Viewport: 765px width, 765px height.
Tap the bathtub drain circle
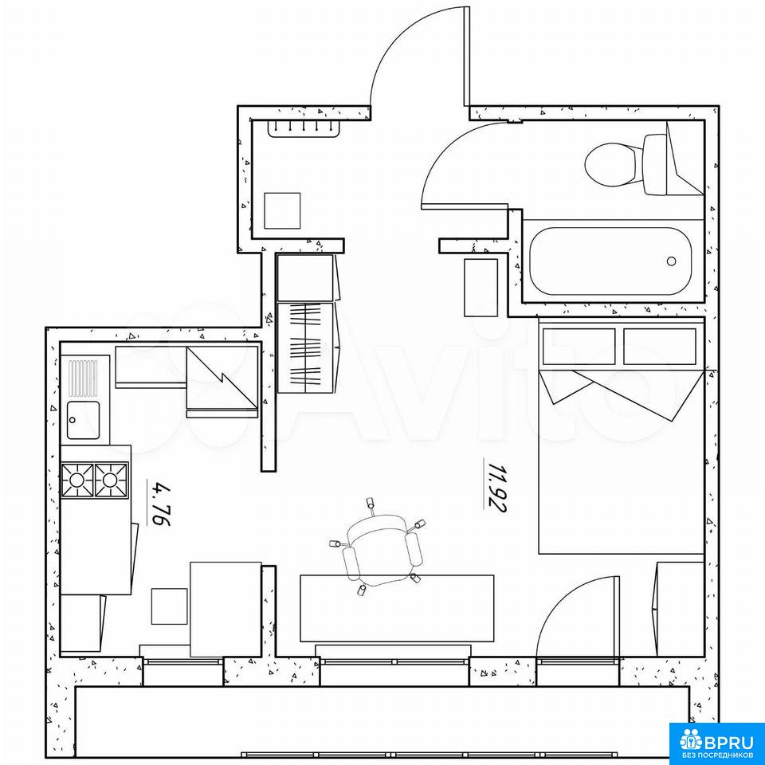pyautogui.click(x=671, y=261)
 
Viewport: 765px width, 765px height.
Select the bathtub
pyautogui.click(x=611, y=261)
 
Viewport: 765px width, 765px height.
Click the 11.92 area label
pyautogui.click(x=496, y=486)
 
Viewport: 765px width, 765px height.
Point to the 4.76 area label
pyautogui.click(x=159, y=504)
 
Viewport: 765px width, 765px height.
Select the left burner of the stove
pyautogui.click(x=77, y=480)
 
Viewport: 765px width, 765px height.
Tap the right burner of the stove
pyautogui.click(x=111, y=480)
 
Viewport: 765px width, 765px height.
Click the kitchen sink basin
pyautogui.click(x=83, y=420)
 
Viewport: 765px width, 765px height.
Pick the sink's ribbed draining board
pyautogui.click(x=83, y=378)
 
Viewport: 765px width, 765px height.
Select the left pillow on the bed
pyautogui.click(x=579, y=347)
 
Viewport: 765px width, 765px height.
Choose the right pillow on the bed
pyautogui.click(x=660, y=347)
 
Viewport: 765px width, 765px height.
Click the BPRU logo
pyautogui.click(x=716, y=743)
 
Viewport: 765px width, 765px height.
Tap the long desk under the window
pyautogui.click(x=397, y=608)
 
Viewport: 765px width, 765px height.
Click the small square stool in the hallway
pyautogui.click(x=282, y=210)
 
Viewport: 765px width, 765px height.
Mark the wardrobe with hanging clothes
pyautogui.click(x=305, y=347)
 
